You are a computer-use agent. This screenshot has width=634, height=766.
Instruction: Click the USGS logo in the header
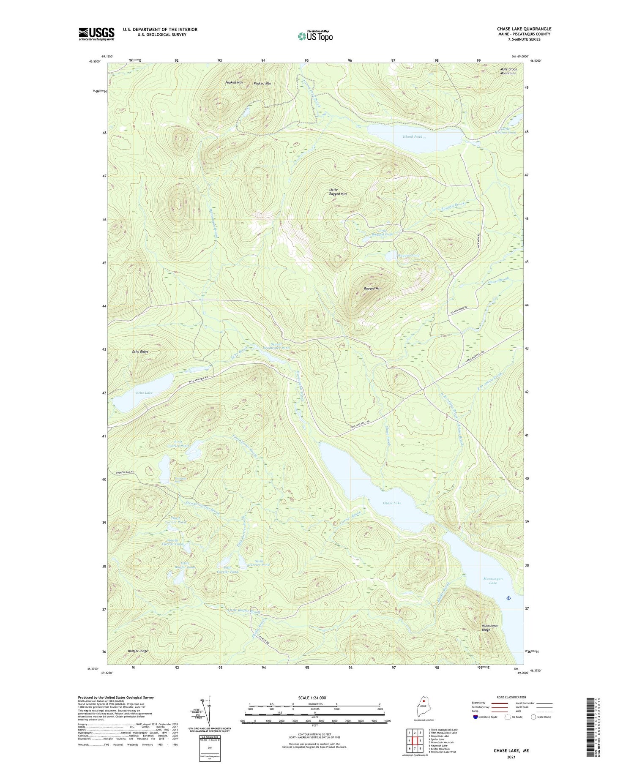pos(96,34)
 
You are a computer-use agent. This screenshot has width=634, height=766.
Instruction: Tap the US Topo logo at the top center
pos(315,35)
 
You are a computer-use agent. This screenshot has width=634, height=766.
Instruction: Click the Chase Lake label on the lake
pos(392,503)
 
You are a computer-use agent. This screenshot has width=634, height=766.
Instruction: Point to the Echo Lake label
pos(144,393)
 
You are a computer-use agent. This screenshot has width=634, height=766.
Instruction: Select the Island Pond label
pos(412,136)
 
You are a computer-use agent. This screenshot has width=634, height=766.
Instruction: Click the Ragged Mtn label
pos(372,288)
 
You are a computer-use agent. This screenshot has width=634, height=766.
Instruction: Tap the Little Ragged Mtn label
pos(338,191)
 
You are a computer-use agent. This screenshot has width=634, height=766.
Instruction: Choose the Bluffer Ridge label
pos(138,651)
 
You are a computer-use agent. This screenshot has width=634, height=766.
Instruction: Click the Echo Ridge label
pos(140,351)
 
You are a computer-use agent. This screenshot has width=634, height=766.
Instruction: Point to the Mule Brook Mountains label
pos(508,71)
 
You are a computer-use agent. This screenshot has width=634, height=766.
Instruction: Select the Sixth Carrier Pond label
pos(259,563)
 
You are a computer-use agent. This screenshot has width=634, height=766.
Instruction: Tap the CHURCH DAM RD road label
pos(125,472)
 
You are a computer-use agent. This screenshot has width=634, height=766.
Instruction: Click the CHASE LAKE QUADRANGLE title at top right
pos(524,29)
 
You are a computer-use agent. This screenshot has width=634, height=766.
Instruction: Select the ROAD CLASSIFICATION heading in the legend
pos(511,697)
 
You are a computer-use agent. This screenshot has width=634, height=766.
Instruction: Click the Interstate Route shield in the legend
pos(475,717)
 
